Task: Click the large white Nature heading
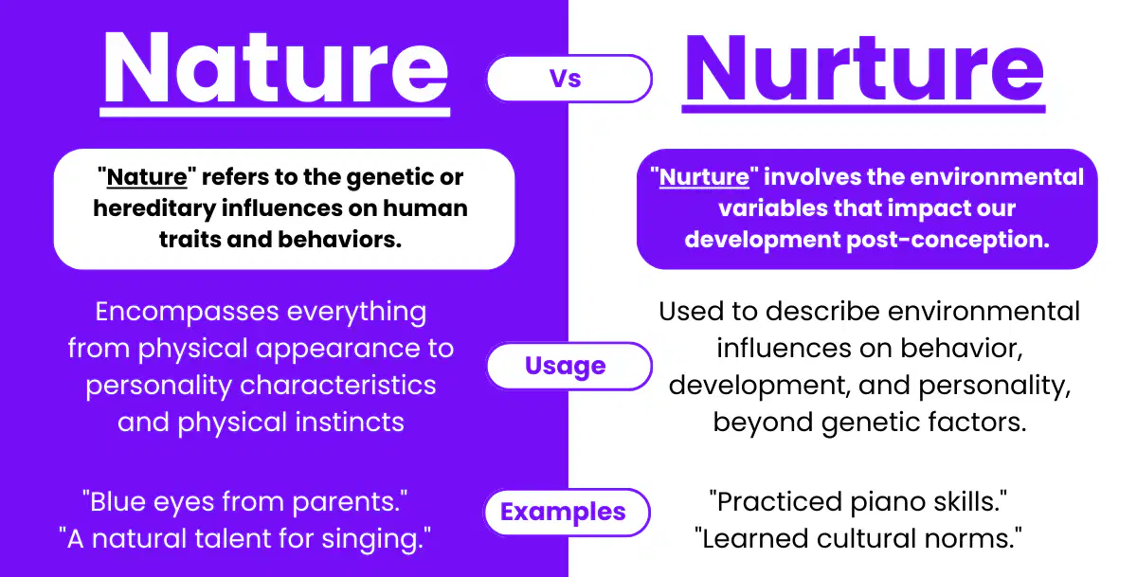coord(276,67)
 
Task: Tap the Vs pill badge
coord(569,79)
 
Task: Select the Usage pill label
coord(569,366)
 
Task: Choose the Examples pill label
coord(567,512)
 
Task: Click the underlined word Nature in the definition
coord(147,177)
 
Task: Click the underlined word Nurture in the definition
coord(704,177)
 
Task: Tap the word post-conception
coord(947,240)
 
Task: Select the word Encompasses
coord(187,312)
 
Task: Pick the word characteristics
coord(337,386)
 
